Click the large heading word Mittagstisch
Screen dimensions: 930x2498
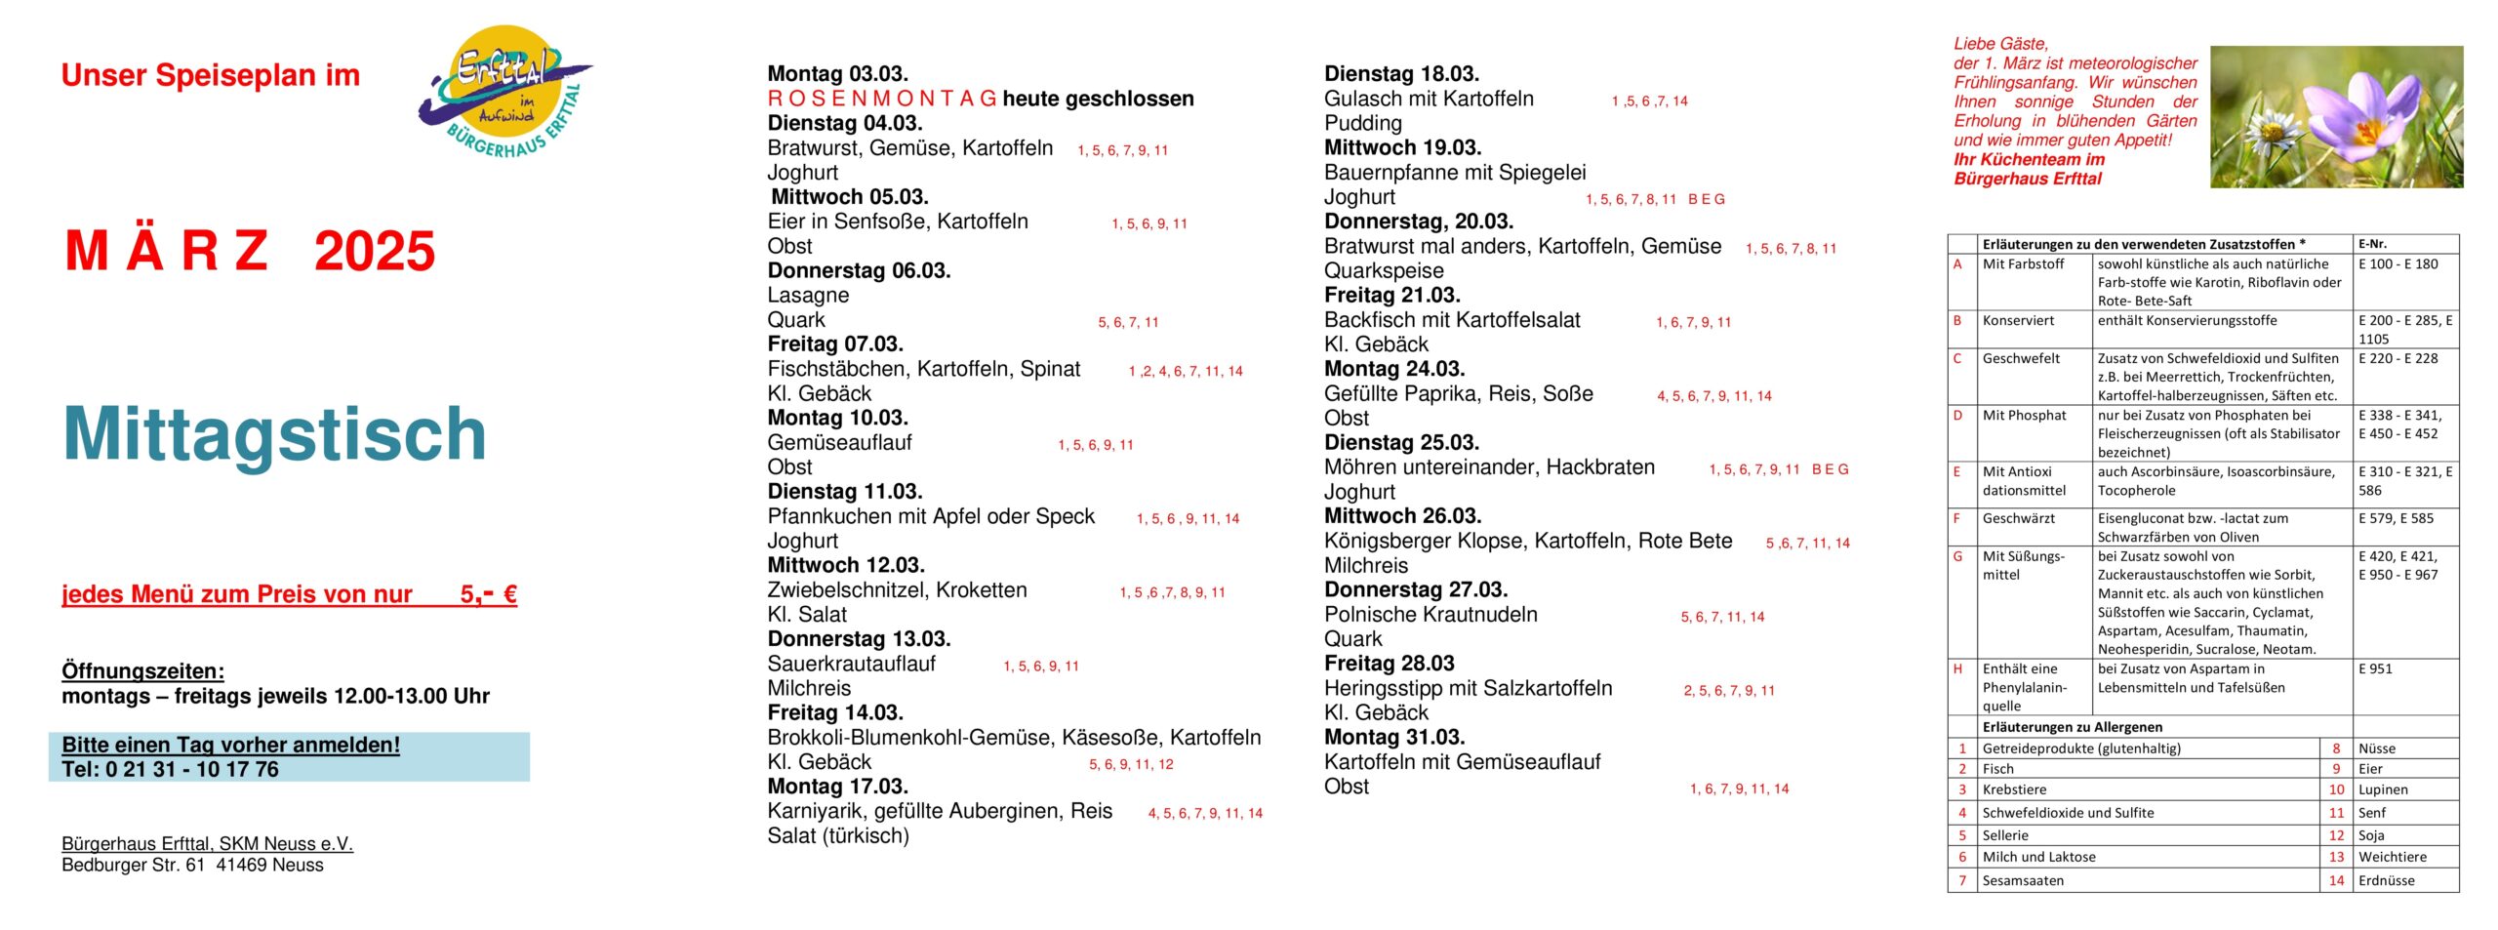(x=274, y=433)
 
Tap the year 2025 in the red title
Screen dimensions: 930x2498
(x=375, y=252)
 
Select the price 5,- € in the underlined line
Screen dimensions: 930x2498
(x=488, y=594)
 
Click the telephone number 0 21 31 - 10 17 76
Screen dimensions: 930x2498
(x=192, y=769)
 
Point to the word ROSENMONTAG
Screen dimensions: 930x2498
(x=882, y=99)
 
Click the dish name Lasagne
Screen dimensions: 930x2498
(x=808, y=295)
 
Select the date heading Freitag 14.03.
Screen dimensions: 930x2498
(x=835, y=712)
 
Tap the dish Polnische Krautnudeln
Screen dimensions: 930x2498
(x=1430, y=615)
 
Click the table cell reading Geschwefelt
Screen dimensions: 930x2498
(x=2021, y=359)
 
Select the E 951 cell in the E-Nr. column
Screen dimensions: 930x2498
(x=2375, y=669)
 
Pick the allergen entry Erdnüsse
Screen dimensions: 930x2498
(x=2386, y=880)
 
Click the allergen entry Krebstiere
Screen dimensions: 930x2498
(x=2014, y=789)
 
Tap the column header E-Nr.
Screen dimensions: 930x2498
(x=2372, y=244)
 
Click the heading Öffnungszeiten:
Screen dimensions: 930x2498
(x=142, y=671)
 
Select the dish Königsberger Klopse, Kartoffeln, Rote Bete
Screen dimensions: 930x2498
(x=1528, y=541)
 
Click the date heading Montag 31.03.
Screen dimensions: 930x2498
(x=1393, y=737)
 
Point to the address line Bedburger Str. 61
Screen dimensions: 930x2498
(x=134, y=866)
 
